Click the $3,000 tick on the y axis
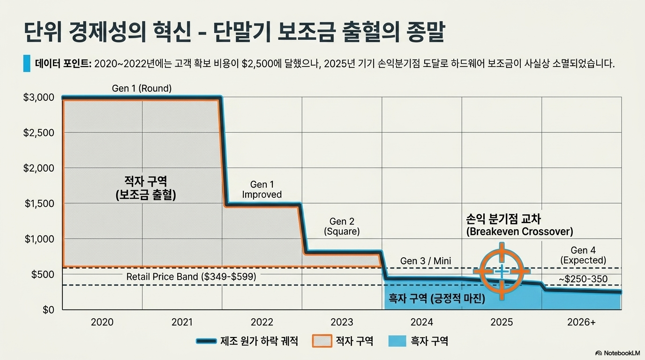[38, 97]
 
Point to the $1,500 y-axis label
[39, 203]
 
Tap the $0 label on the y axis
[48, 310]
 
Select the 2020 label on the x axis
[102, 322]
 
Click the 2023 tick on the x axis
[342, 322]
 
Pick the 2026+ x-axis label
[581, 322]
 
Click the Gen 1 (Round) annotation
[142, 88]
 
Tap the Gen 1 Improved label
[262, 189]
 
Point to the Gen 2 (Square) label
[342, 226]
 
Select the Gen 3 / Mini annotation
[426, 261]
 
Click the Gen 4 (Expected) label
[583, 255]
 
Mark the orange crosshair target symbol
[502, 271]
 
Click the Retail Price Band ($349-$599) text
[191, 277]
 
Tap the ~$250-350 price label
[583, 279]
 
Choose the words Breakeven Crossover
[519, 232]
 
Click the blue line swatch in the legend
[206, 341]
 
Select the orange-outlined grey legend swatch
[322, 341]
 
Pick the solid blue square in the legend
[397, 341]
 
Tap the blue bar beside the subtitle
[27, 63]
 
